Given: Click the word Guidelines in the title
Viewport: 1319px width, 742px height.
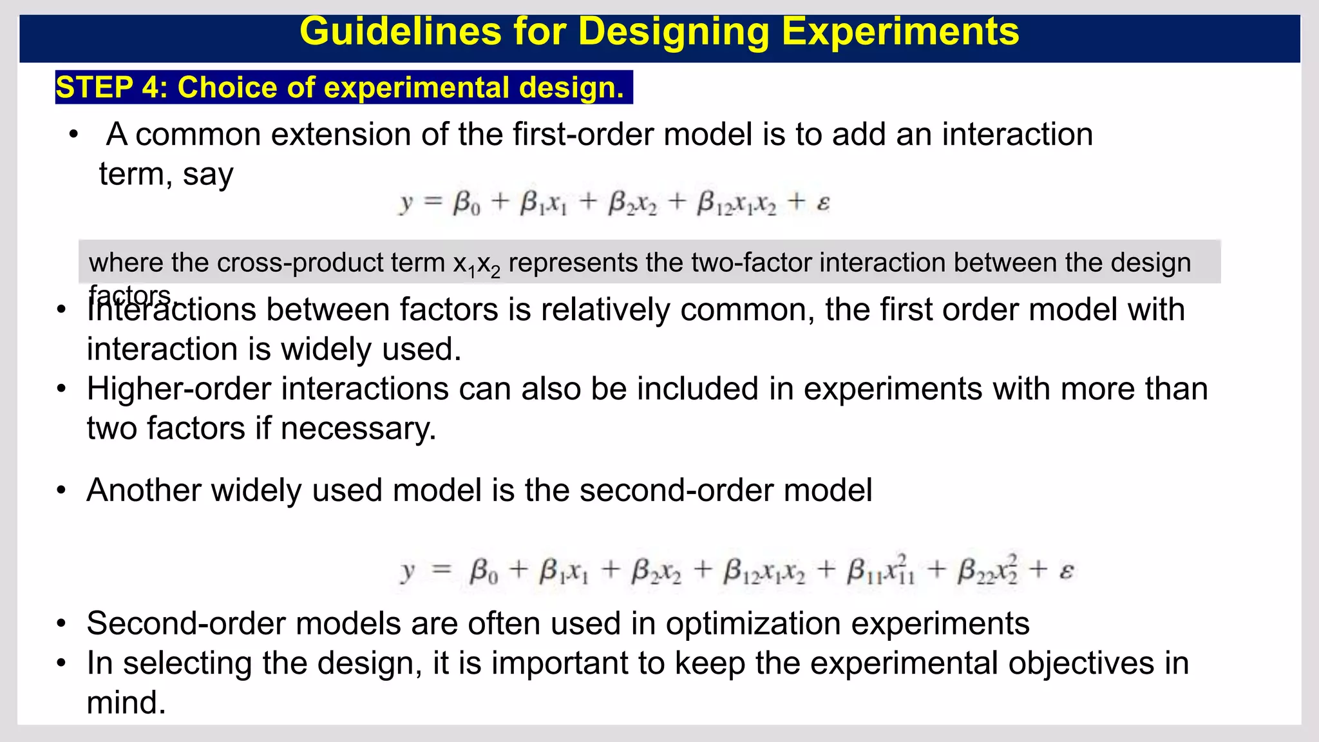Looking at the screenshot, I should point(400,32).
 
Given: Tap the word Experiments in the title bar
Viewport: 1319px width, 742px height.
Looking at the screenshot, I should point(900,32).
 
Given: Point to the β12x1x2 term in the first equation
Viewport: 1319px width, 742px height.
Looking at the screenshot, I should point(737,204).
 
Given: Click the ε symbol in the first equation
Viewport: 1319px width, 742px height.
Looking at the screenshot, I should point(823,204).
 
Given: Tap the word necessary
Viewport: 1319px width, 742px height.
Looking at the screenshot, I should point(358,428).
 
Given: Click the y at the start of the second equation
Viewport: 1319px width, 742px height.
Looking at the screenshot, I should point(407,571).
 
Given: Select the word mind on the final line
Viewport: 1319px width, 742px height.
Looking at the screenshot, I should point(126,703).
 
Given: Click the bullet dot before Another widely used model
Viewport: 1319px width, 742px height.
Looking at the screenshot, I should point(61,491).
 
